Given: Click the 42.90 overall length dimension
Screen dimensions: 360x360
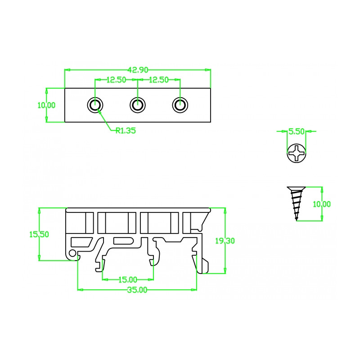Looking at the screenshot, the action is point(138,70).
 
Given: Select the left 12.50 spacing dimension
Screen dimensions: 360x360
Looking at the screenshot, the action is point(117,80).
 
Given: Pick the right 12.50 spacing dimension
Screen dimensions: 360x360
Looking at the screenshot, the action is point(159,80).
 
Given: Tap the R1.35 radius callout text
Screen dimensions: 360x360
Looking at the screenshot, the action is point(126,130).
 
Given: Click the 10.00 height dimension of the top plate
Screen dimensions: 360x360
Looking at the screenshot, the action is point(46,105).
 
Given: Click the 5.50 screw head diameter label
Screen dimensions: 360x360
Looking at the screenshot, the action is point(296,131).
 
